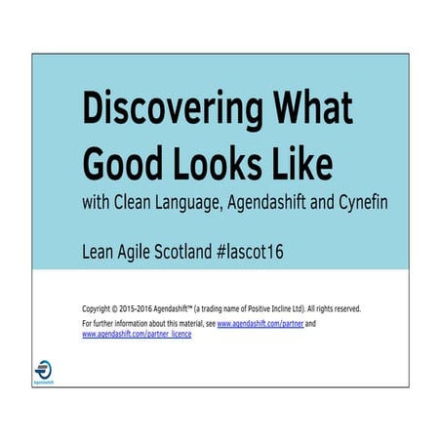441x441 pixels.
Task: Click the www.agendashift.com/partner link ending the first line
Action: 261,322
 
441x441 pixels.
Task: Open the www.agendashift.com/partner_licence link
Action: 137,334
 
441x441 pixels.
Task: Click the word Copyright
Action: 100,307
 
